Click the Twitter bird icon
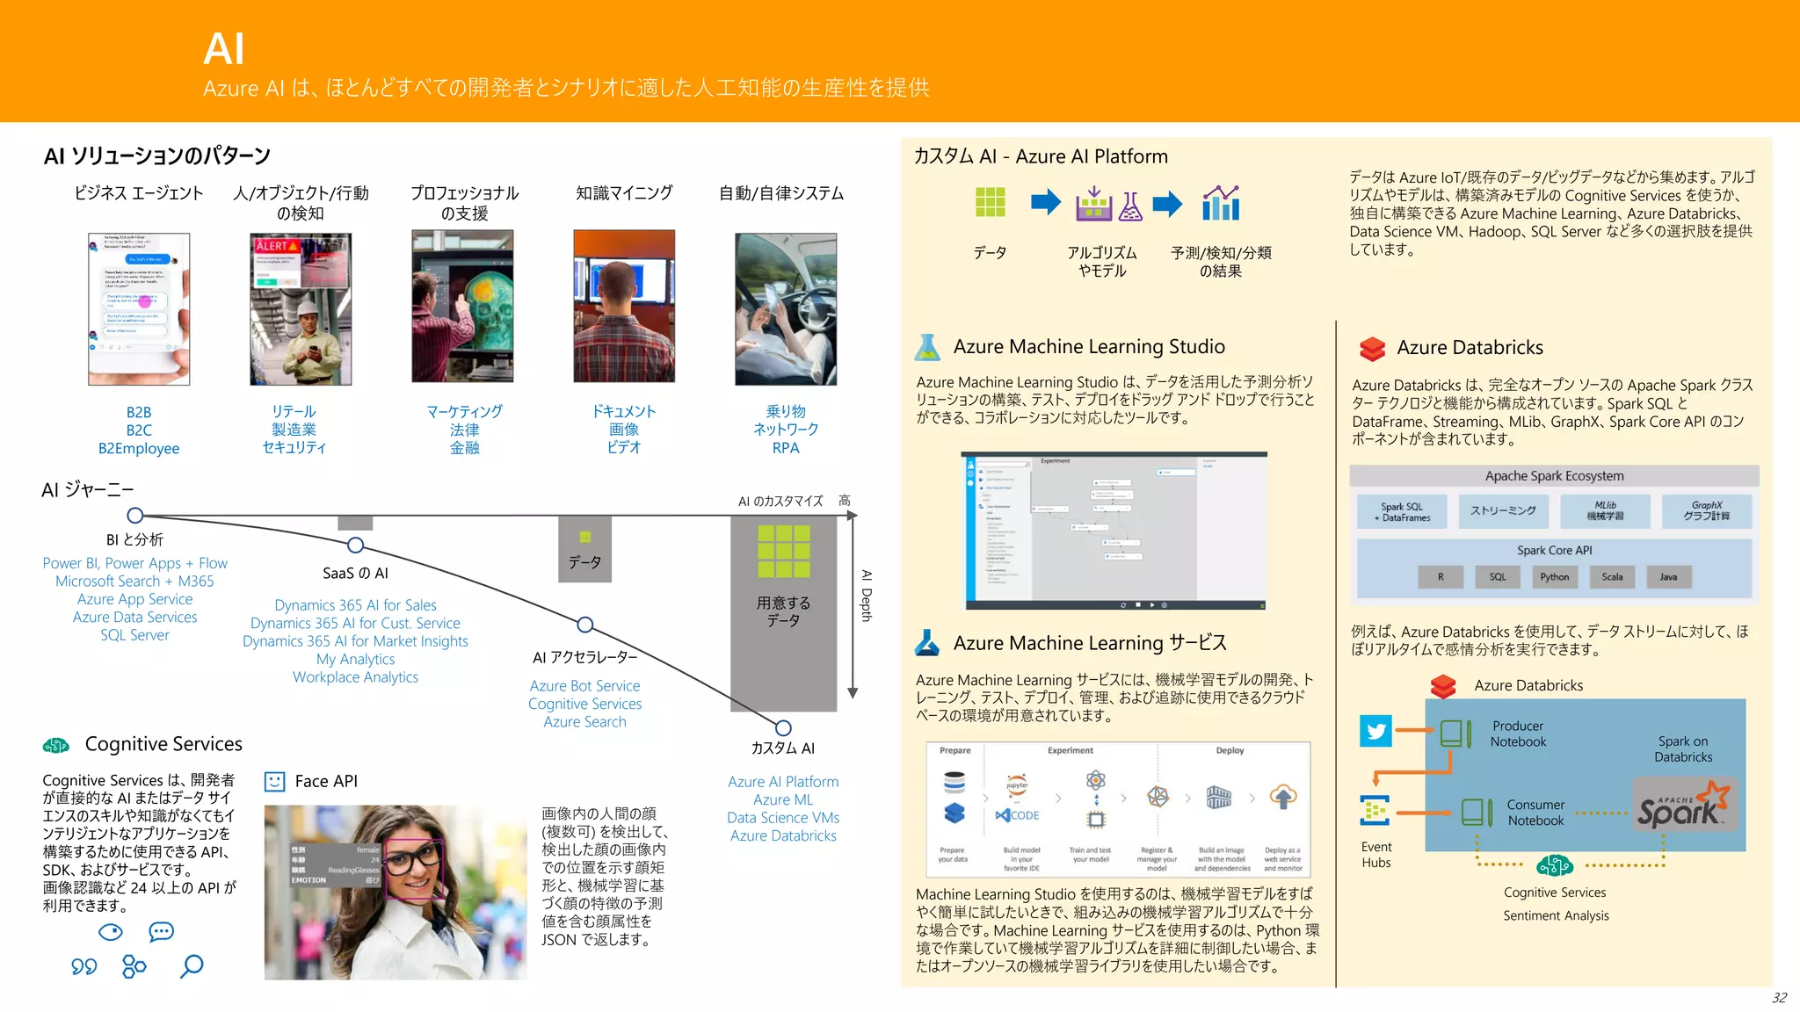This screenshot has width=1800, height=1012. point(1375,731)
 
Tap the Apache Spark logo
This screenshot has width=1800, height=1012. point(1682,806)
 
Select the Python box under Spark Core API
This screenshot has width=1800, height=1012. point(1554,577)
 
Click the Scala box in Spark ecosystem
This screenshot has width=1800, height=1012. point(1611,577)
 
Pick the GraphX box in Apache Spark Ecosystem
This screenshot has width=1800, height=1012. point(1706,510)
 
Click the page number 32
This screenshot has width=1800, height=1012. point(1779,998)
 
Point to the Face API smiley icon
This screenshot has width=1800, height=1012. point(275,781)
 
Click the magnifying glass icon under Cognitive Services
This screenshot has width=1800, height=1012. point(191,966)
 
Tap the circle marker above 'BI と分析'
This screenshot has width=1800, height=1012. point(135,516)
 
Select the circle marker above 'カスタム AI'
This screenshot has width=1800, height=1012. point(783,728)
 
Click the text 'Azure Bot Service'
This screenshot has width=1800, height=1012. point(584,686)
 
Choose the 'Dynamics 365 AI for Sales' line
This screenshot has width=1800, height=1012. point(355,605)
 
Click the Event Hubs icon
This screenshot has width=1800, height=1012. point(1375,810)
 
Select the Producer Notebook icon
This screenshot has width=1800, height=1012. point(1455,734)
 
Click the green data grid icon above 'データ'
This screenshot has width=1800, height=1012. point(990,202)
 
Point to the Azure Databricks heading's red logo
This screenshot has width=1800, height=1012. point(1372,349)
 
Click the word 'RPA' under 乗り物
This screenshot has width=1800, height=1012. point(786,448)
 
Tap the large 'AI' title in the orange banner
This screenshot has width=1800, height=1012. point(223,48)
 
